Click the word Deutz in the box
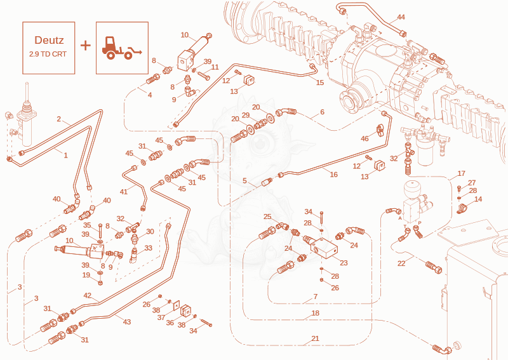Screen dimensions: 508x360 [50, 40]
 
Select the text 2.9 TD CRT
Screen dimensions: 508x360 [48, 54]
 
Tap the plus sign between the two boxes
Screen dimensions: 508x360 [86, 46]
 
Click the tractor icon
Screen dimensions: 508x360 [122, 48]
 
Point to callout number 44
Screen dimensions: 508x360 [401, 17]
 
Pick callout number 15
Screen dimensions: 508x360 [320, 83]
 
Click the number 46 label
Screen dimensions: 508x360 [364, 138]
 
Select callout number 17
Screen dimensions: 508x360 [462, 174]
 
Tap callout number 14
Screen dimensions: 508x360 [478, 199]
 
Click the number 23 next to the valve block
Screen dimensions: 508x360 [344, 263]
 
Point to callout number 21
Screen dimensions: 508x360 [315, 338]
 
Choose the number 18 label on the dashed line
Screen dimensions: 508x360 [315, 313]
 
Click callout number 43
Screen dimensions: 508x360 [127, 322]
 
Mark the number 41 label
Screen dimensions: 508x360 [124, 192]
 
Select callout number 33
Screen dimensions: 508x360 [149, 248]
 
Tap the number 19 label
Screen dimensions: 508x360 [86, 275]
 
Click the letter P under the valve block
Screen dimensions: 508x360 [420, 223]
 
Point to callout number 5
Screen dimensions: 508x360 [245, 181]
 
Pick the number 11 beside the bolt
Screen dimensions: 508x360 [215, 67]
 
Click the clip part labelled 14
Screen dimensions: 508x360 [462, 208]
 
